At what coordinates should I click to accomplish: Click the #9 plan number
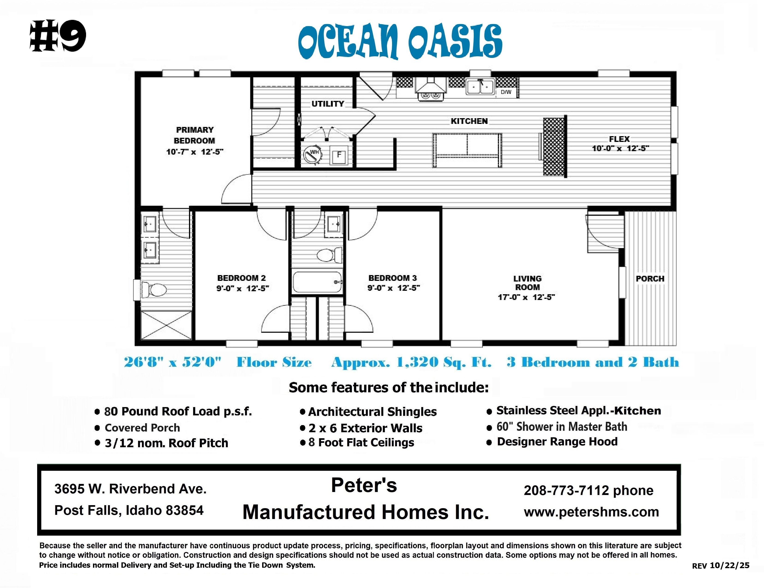[58, 36]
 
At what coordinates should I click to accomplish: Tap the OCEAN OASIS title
[400, 41]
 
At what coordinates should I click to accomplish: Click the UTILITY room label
[328, 104]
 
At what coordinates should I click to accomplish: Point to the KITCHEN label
[469, 121]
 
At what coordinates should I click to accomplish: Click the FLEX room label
[619, 139]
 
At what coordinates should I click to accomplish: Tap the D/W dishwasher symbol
[506, 92]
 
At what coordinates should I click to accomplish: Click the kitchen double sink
[480, 87]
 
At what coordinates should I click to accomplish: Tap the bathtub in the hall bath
[317, 282]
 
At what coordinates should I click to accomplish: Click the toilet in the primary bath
[154, 290]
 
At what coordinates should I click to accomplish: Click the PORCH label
[650, 279]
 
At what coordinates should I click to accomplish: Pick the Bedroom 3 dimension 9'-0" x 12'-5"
[393, 288]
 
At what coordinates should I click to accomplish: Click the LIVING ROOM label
[527, 283]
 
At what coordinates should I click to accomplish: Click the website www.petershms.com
[591, 512]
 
